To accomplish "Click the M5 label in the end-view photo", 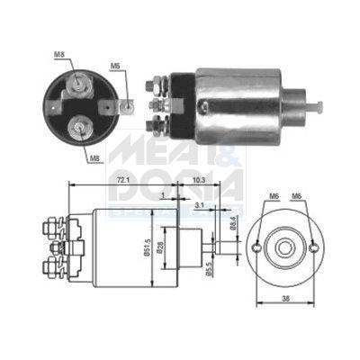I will point(115,65).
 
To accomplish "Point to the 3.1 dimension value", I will point(200,206).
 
